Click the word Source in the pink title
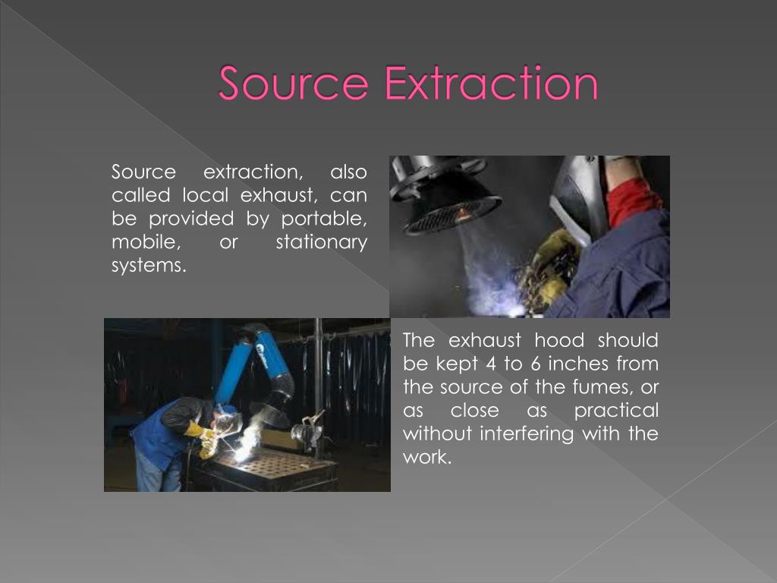click(x=294, y=83)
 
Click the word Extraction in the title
click(x=492, y=83)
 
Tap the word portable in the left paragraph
click(x=324, y=219)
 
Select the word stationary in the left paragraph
click(x=322, y=242)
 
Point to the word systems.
click(x=149, y=265)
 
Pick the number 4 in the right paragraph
click(x=491, y=364)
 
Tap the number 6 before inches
click(x=535, y=364)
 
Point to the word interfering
click(x=527, y=433)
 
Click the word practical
click(x=616, y=411)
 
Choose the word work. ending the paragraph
click(x=427, y=456)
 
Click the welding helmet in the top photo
click(x=577, y=198)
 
